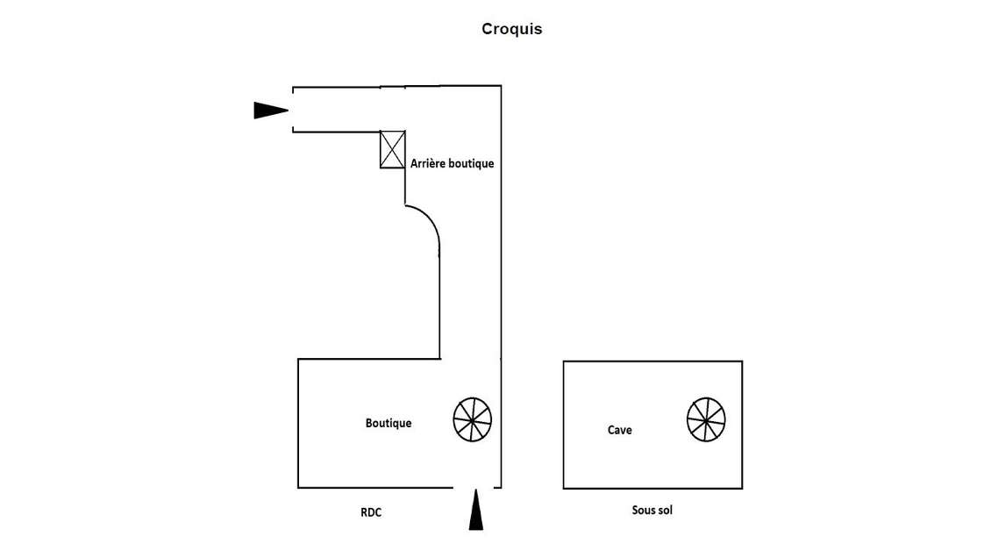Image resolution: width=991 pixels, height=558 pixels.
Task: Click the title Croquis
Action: (511, 29)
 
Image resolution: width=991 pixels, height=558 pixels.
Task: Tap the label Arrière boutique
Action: (452, 163)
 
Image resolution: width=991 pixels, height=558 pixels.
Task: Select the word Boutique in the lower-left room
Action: (388, 423)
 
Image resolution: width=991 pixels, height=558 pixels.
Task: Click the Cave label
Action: (619, 430)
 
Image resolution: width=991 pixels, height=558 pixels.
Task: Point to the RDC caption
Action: (372, 512)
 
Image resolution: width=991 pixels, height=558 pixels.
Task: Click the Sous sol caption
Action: (652, 510)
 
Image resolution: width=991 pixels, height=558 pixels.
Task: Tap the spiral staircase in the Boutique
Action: (473, 419)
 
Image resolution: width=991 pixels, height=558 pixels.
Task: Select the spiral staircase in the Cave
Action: (707, 419)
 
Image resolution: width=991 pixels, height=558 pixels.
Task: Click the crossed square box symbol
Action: (392, 149)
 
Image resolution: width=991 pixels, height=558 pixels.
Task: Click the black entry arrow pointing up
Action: (475, 511)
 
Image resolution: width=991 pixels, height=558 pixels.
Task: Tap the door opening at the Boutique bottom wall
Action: (476, 487)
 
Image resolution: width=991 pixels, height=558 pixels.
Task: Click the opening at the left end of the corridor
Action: (293, 110)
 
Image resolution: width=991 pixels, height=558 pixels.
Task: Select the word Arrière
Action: (427, 163)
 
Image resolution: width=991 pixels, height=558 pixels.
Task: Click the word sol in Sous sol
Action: (664, 510)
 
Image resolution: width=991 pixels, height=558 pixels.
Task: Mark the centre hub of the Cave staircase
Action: (707, 419)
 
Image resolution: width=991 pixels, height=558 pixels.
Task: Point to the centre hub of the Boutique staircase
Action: (473, 419)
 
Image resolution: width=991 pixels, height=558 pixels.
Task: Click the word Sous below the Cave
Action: (642, 510)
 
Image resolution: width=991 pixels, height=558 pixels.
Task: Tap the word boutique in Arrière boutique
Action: (471, 163)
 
